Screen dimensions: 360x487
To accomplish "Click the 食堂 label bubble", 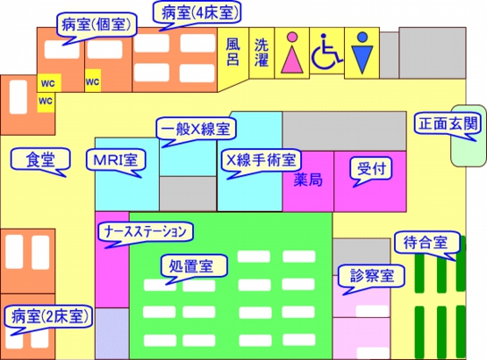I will coord(40,160).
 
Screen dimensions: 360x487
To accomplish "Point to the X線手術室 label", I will coord(259,160).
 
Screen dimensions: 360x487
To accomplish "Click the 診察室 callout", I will coord(366,275).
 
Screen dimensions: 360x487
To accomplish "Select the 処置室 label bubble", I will coord(193,266).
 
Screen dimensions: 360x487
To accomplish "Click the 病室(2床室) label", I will coord(46,316).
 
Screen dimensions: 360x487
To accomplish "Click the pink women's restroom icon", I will coord(292,54).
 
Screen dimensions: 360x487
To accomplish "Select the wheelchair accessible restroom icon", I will coord(326,54).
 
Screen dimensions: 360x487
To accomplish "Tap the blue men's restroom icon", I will coord(361,54).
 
